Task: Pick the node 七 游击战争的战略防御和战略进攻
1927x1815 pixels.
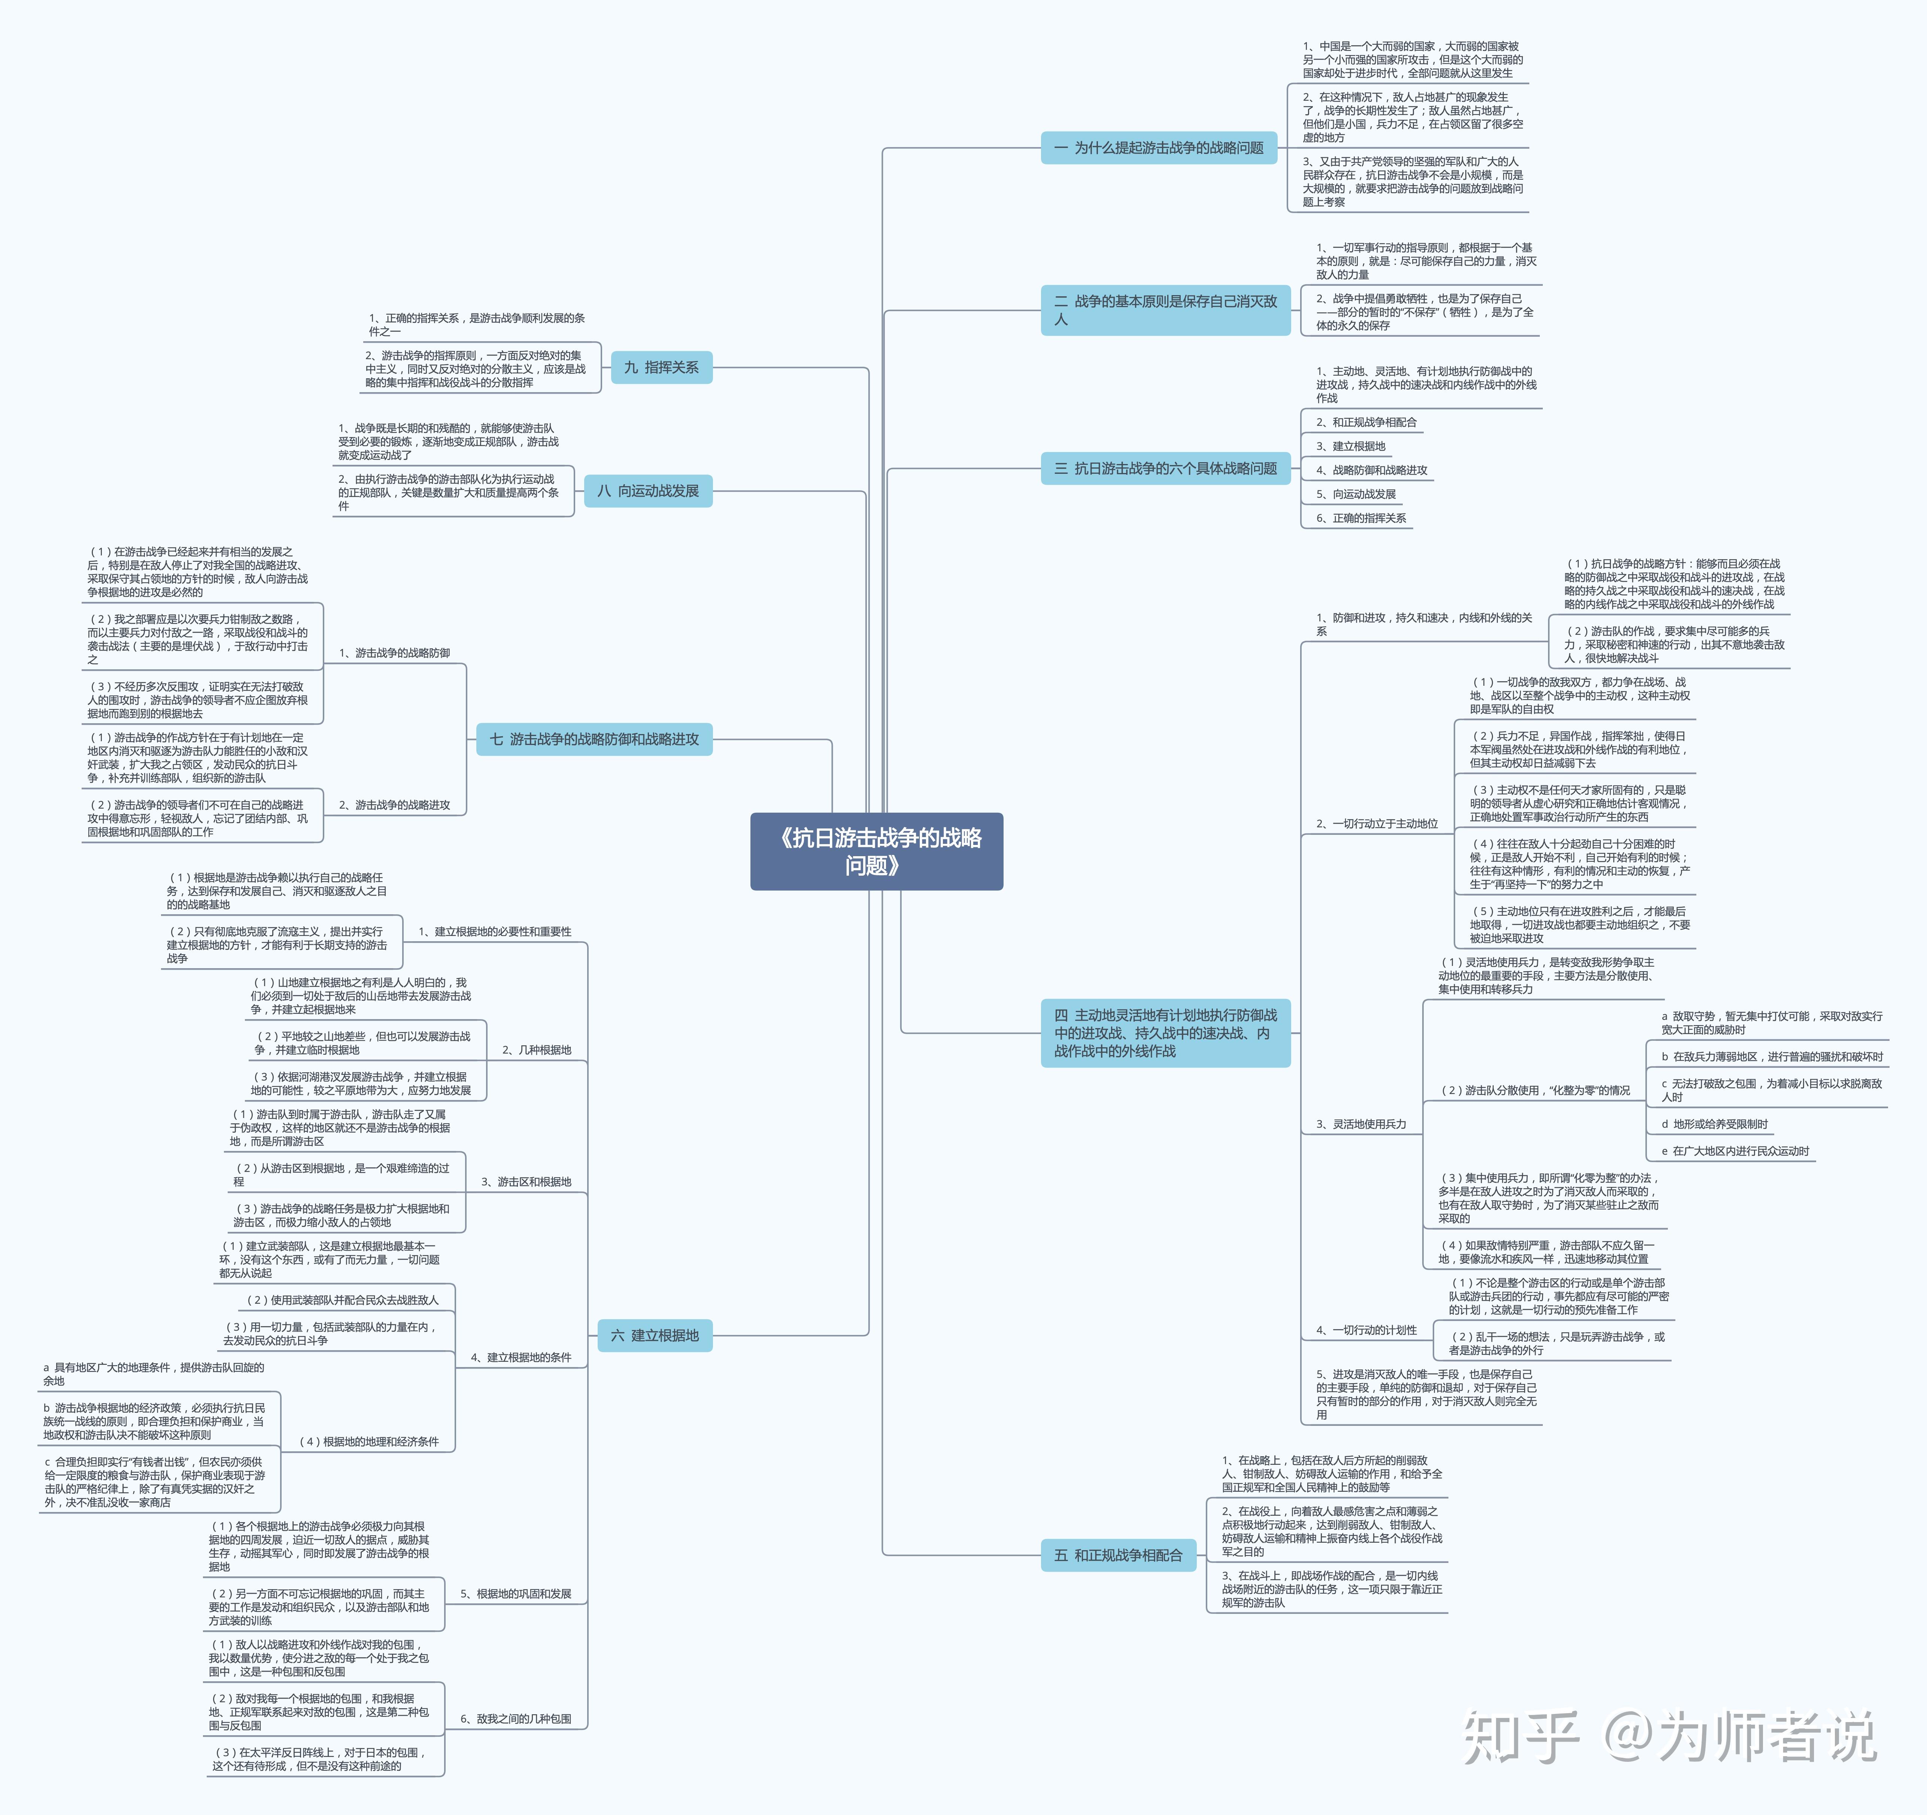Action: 594,739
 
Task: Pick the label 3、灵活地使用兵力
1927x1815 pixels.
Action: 1361,1124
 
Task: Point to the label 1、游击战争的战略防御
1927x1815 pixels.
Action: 395,652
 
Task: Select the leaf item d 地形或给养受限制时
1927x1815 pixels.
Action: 1714,1124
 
